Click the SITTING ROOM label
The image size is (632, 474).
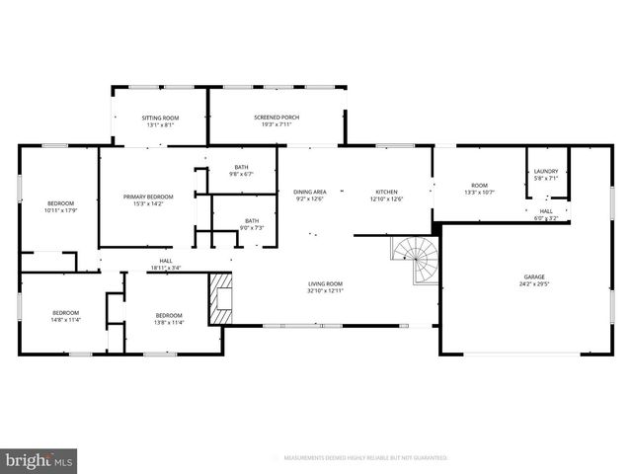point(161,118)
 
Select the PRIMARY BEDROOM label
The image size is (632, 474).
point(148,197)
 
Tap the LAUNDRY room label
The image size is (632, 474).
point(545,172)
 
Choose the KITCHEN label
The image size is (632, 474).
point(385,192)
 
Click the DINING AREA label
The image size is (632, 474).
point(310,192)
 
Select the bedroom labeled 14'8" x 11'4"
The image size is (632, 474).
point(66,316)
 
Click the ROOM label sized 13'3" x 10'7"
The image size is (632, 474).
point(479,186)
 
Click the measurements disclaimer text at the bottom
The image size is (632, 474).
point(365,458)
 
